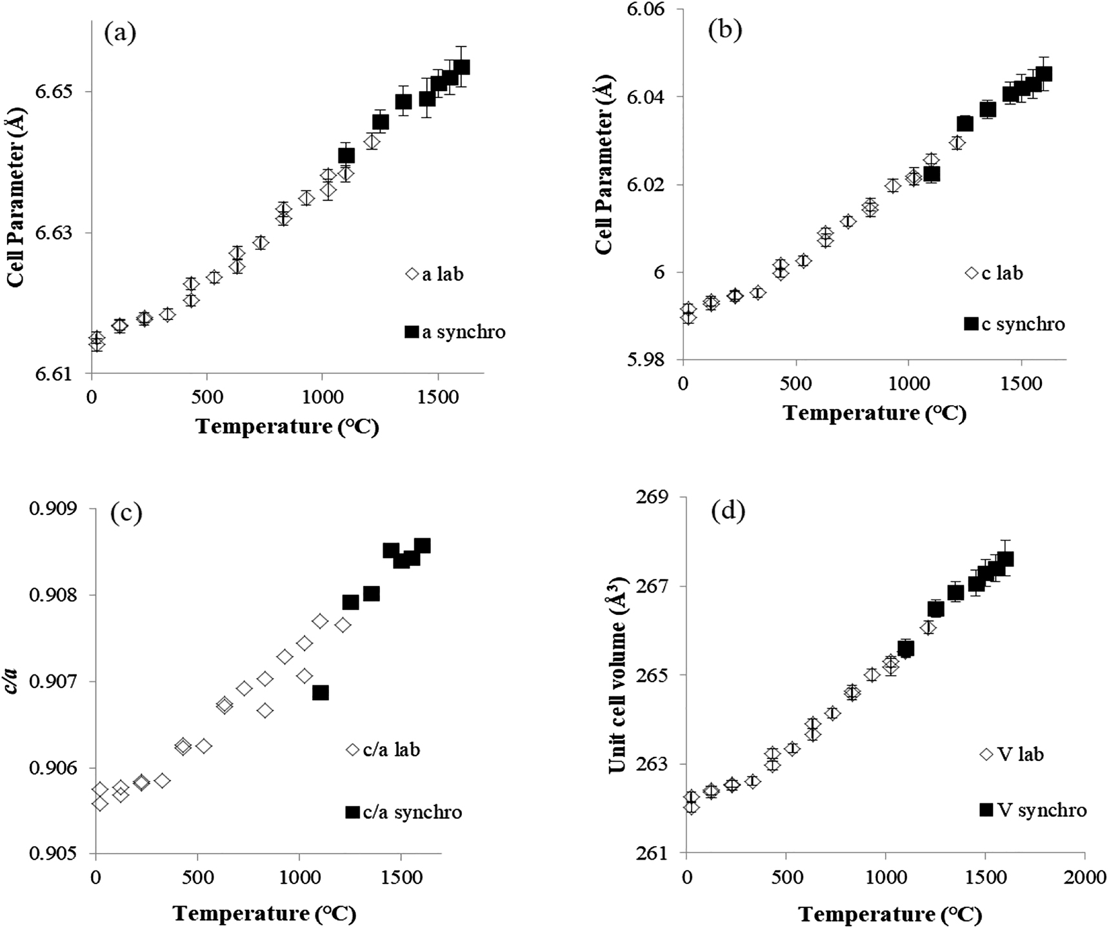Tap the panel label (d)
pos(728,511)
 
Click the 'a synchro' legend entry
pos(455,332)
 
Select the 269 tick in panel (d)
pos(654,498)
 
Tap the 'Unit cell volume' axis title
pos(617,675)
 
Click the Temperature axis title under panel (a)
pos(287,427)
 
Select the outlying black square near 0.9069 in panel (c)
pos(320,692)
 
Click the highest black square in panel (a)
pos(461,67)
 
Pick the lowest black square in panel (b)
pos(931,174)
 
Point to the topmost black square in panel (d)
pos(1005,559)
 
